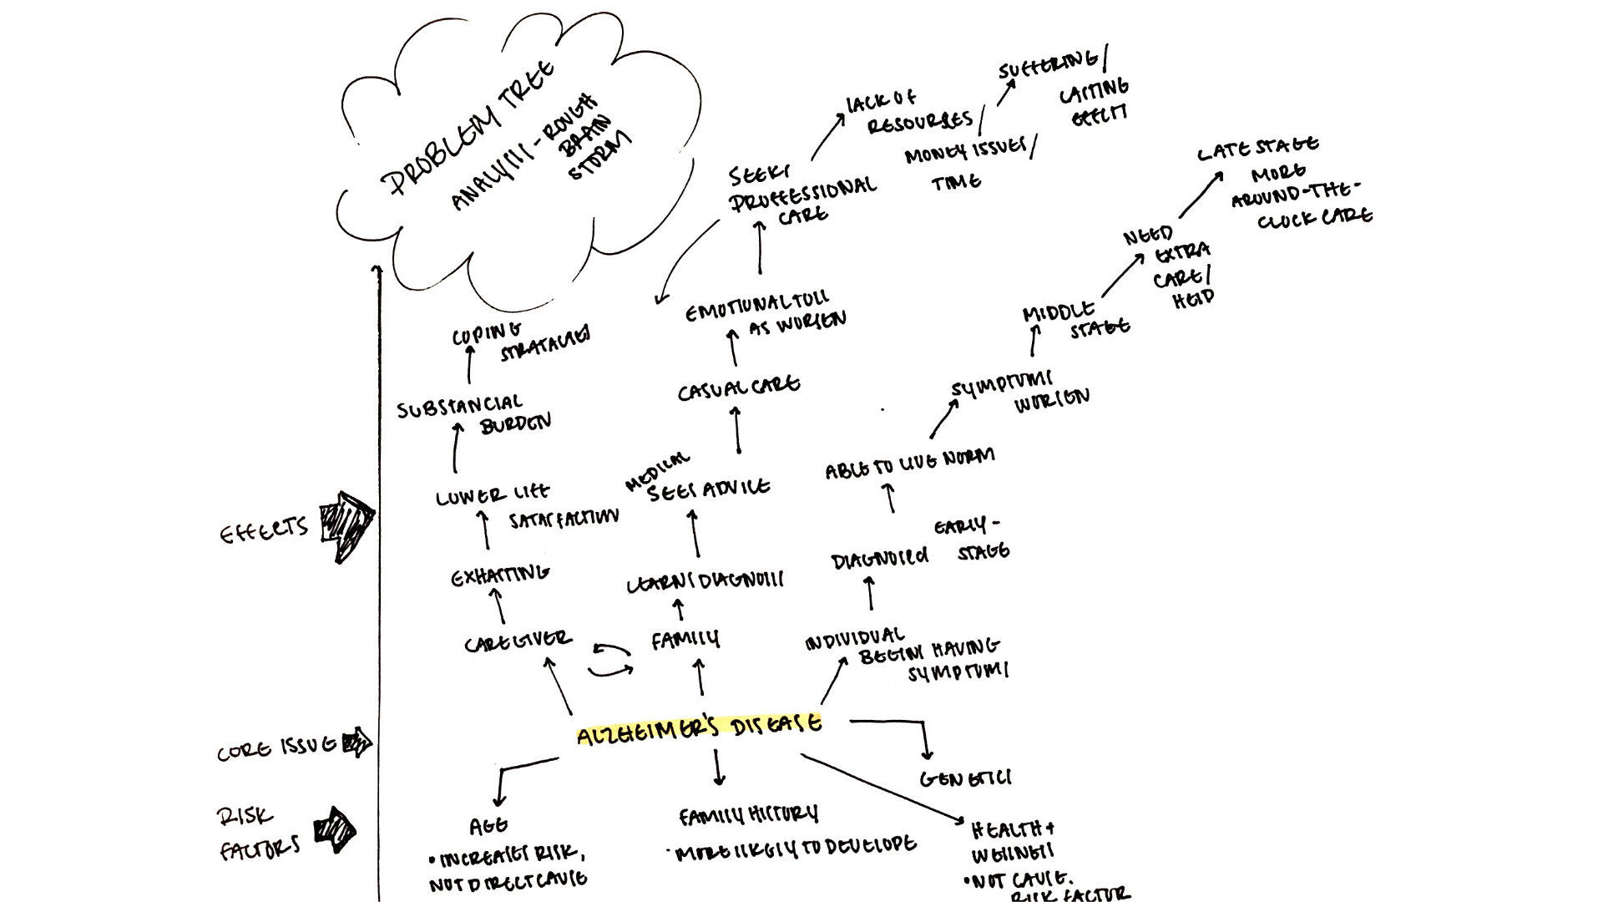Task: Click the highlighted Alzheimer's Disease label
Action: coord(700,727)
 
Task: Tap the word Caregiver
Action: coord(518,642)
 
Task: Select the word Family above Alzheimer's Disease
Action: coord(685,641)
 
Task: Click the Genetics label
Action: coord(965,779)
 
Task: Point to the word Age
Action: coord(488,827)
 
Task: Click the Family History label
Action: coord(748,815)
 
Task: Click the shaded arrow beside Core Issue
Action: coord(358,742)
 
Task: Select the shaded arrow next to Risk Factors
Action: coord(336,830)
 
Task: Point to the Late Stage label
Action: coord(1257,149)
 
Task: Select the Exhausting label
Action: coord(499,575)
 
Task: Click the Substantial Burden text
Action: coord(472,414)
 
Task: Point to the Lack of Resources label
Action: coord(910,114)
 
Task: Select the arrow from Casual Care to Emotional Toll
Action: coord(733,347)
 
